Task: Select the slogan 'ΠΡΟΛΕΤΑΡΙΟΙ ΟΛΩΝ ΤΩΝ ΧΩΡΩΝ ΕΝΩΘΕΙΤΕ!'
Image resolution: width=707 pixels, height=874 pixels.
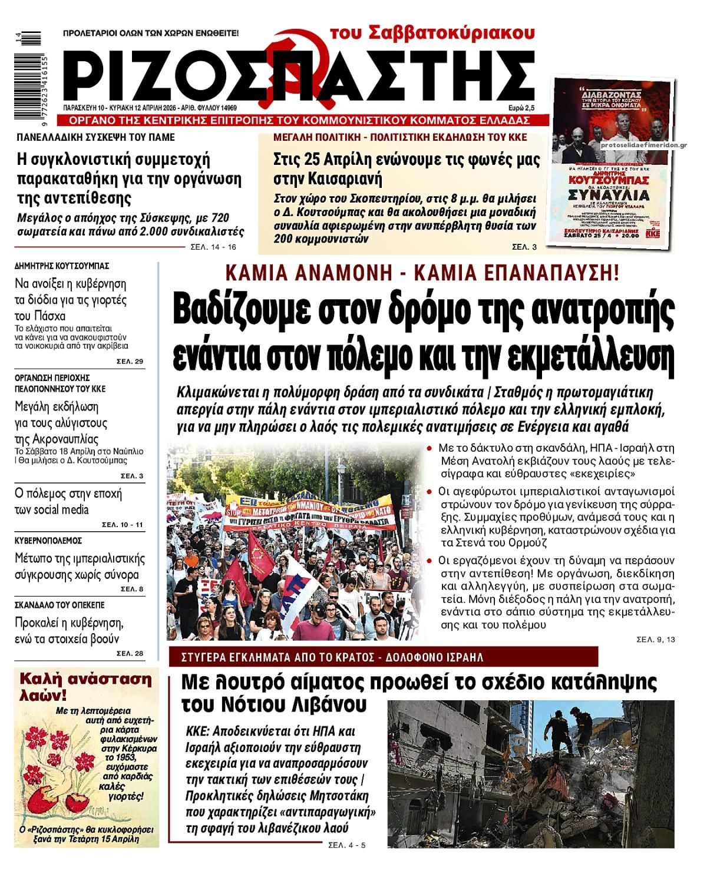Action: [x=151, y=34]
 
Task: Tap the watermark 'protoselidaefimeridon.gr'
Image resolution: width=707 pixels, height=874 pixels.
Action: [x=644, y=144]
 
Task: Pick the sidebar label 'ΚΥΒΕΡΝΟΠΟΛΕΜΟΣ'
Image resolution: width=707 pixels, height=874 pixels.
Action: [x=48, y=541]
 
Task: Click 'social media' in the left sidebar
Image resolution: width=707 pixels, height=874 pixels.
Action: [x=61, y=509]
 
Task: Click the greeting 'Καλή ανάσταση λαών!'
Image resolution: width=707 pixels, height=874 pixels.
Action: [x=85, y=687]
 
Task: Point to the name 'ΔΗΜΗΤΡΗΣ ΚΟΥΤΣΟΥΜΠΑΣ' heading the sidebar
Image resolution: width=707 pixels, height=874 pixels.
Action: [x=62, y=266]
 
